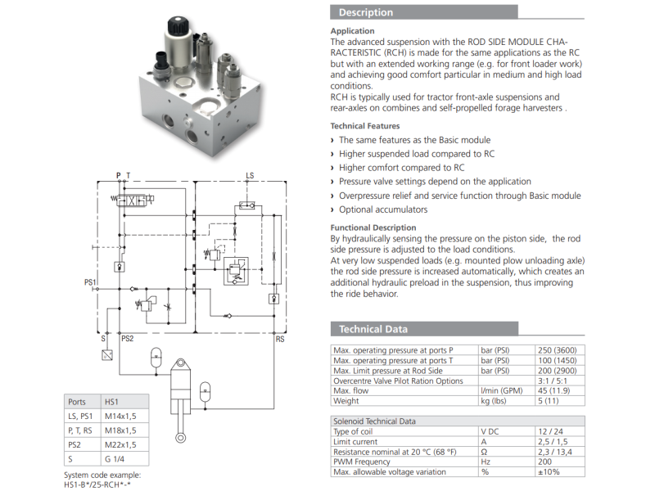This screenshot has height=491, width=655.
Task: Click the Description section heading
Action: coord(365,12)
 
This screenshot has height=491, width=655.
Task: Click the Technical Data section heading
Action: coord(373,329)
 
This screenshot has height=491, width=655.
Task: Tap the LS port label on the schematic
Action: coord(250,176)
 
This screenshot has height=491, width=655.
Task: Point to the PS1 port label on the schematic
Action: coord(90,282)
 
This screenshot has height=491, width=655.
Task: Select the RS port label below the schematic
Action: coord(280,340)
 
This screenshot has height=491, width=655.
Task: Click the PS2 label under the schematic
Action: coord(128,339)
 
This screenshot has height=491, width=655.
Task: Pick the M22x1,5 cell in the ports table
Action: coord(120,444)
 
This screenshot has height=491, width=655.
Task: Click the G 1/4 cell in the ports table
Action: coord(115,459)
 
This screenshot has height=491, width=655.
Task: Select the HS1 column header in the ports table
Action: coord(111,402)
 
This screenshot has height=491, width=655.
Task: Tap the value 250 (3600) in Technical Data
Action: coord(558,350)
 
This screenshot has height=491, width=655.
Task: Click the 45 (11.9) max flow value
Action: coord(553,391)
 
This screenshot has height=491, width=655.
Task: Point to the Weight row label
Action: coord(346,401)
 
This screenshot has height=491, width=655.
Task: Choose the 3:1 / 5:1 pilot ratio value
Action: coord(553,381)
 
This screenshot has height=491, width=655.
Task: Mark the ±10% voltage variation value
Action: coord(549,472)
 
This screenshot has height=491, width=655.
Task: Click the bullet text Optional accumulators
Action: coord(383,209)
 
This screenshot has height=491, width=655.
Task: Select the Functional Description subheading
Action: coord(373,227)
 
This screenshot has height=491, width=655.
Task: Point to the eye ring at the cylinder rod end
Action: coord(180,438)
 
